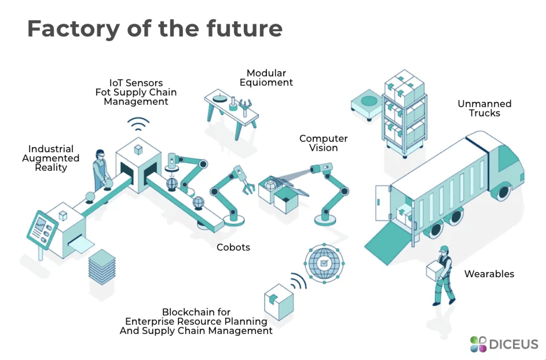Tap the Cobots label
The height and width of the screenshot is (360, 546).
233,247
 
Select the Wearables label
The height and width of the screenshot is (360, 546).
489,274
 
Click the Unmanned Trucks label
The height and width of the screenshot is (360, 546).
485,108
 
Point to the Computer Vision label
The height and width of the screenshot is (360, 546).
323,143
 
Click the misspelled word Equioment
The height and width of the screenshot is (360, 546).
266,82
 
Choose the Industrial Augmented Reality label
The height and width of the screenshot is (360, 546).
51,158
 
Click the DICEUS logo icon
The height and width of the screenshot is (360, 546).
478,344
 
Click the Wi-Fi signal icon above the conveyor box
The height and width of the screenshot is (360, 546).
138,124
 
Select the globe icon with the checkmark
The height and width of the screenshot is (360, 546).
324,263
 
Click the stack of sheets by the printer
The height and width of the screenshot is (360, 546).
102,267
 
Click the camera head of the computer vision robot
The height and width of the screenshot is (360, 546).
321,168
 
